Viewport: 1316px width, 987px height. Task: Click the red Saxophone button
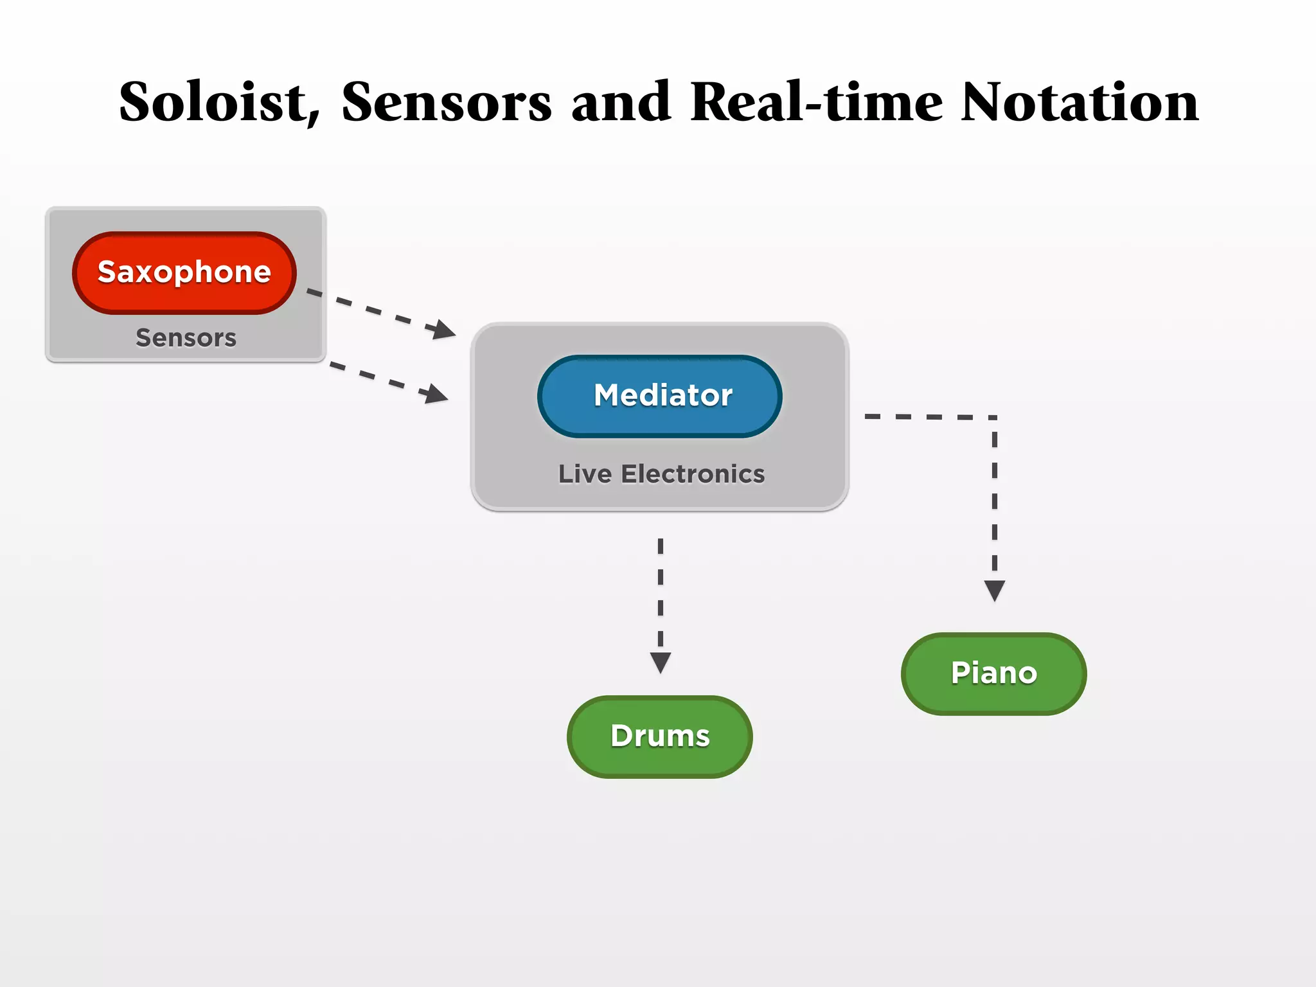(184, 272)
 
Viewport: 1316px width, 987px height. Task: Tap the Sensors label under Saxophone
(186, 338)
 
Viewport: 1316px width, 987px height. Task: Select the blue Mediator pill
(660, 395)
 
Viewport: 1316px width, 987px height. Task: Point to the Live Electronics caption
(661, 474)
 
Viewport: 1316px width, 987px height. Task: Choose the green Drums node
(660, 736)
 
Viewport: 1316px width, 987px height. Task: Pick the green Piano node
(993, 673)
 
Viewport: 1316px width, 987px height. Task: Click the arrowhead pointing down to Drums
(661, 662)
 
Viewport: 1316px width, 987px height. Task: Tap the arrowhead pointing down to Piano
(994, 590)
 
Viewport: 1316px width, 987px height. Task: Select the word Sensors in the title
(446, 103)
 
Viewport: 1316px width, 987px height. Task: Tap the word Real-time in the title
(816, 103)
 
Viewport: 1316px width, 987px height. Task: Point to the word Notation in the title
(1080, 103)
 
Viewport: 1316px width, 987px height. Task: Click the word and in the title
(621, 103)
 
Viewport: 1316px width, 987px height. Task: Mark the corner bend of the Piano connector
(993, 418)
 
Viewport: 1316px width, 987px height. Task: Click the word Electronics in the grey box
(693, 474)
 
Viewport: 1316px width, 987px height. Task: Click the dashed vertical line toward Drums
(661, 591)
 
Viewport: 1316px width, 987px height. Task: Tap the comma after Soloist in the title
(314, 118)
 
